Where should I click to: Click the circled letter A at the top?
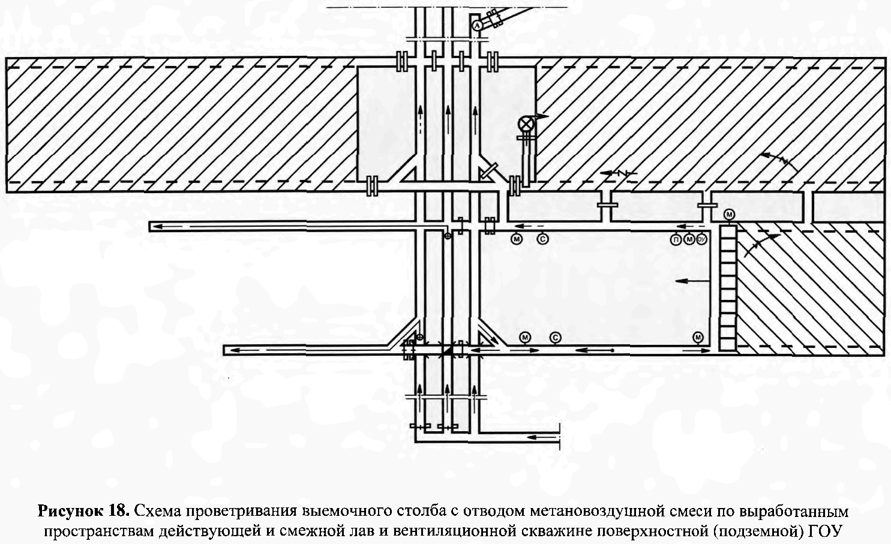pos(477,26)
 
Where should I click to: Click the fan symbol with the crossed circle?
pos(527,124)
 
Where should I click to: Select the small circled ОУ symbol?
pos(701,239)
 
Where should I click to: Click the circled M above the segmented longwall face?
pos(730,214)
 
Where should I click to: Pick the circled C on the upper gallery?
pos(542,239)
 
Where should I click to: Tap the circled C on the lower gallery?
pos(556,338)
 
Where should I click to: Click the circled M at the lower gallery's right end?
pos(698,338)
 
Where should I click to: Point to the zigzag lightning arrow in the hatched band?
pos(618,173)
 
